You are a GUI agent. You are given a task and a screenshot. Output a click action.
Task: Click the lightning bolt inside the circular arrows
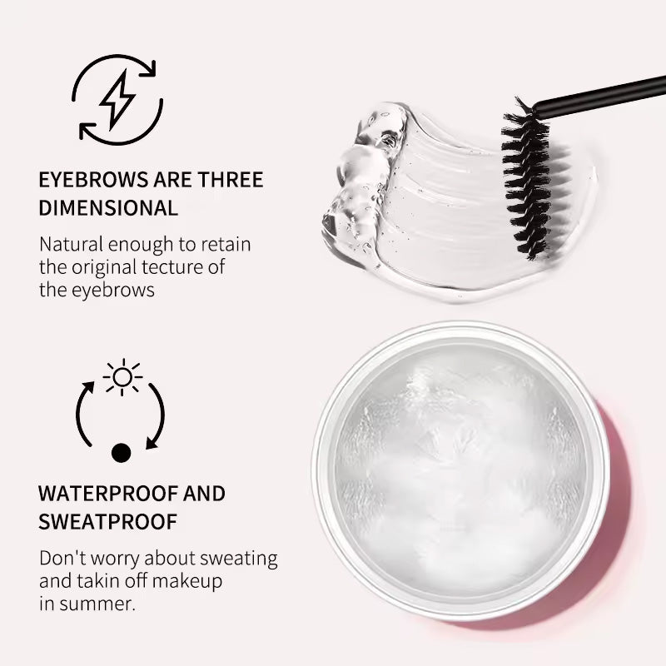pos(117,99)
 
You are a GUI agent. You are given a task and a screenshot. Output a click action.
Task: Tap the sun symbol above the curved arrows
pos(122,377)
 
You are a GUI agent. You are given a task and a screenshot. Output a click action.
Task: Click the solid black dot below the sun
pos(122,453)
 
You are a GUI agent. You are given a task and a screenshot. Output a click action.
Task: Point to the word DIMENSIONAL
pos(108,208)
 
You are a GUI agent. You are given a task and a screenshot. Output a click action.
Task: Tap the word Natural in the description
pos(70,246)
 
